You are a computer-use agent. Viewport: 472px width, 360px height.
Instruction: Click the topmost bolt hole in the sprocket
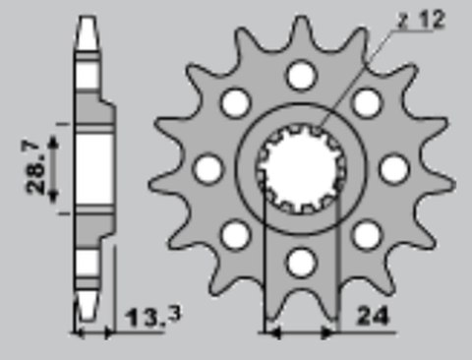click(x=301, y=75)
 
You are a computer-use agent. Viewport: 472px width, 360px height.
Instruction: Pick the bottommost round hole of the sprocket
click(x=301, y=262)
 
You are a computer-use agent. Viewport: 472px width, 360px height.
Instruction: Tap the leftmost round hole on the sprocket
click(x=207, y=168)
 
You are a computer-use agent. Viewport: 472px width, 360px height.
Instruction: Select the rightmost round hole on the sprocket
click(x=394, y=168)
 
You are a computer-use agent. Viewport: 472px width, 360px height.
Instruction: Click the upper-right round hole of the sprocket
click(x=367, y=102)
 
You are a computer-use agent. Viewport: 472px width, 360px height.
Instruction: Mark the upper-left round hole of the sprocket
click(x=235, y=102)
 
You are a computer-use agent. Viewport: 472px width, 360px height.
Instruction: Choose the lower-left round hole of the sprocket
click(x=235, y=234)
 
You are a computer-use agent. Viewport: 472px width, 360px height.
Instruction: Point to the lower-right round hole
click(x=367, y=234)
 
